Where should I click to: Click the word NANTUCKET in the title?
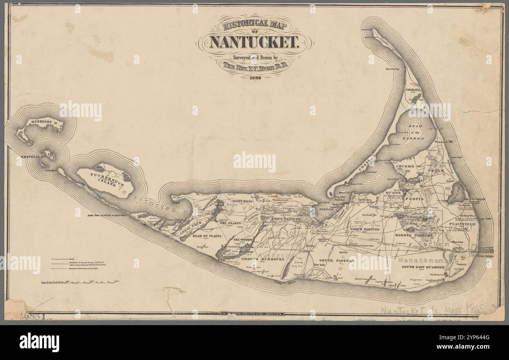255,41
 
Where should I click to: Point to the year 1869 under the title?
255,77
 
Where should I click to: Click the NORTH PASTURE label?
365,229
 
